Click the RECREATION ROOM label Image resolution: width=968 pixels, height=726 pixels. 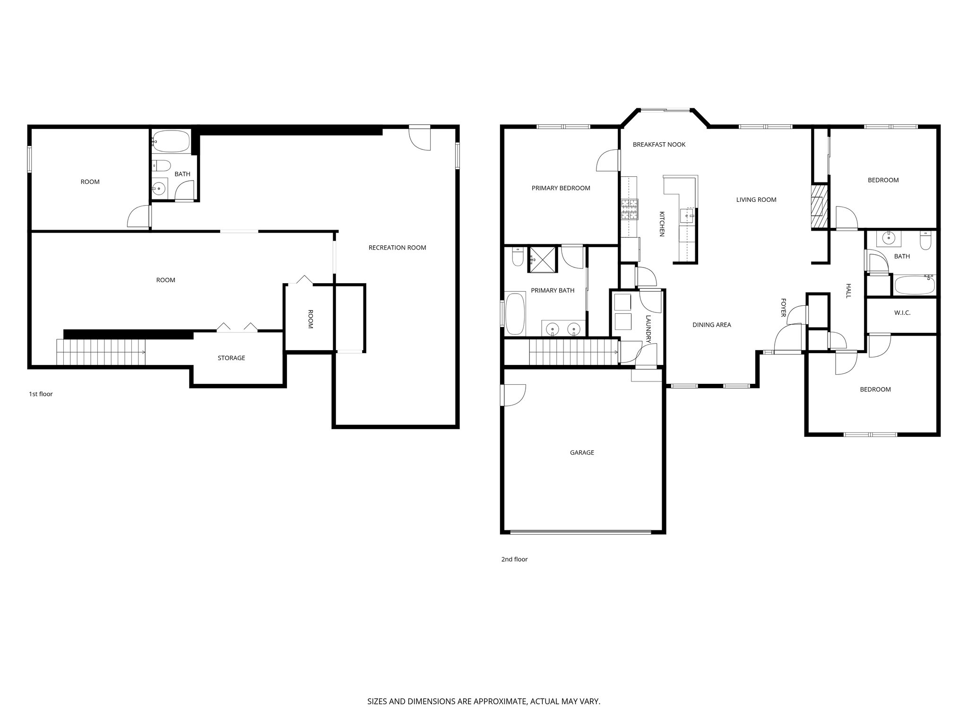click(397, 248)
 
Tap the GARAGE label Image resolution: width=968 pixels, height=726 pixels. click(582, 452)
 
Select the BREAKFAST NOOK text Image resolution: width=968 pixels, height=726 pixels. click(659, 145)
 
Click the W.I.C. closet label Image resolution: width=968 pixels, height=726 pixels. click(902, 313)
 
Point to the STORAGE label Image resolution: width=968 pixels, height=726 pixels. click(231, 358)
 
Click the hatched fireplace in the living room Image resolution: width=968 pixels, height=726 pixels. click(820, 207)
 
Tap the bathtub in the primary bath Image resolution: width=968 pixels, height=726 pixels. click(515, 313)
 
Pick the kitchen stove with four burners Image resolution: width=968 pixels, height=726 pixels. click(630, 209)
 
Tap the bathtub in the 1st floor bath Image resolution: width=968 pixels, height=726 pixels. click(171, 141)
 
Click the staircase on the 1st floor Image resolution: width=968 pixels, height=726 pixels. click(100, 352)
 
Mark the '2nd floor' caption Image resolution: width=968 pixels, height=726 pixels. click(514, 559)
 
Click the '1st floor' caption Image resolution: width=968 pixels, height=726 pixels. click(41, 394)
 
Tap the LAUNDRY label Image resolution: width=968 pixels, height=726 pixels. click(648, 328)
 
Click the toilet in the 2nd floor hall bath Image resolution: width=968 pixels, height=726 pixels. click(925, 241)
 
